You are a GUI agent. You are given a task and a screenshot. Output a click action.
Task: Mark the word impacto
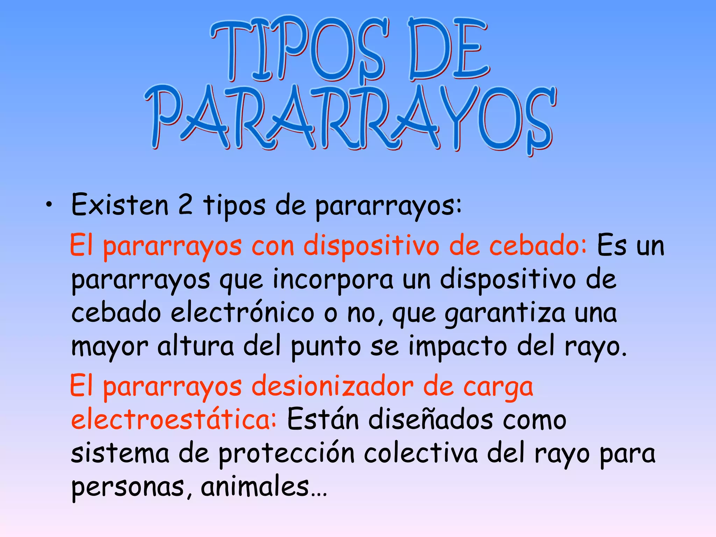coord(458,347)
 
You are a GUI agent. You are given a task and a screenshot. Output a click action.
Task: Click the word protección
coord(287,454)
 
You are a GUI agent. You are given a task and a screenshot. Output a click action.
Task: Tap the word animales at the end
coord(255,487)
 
